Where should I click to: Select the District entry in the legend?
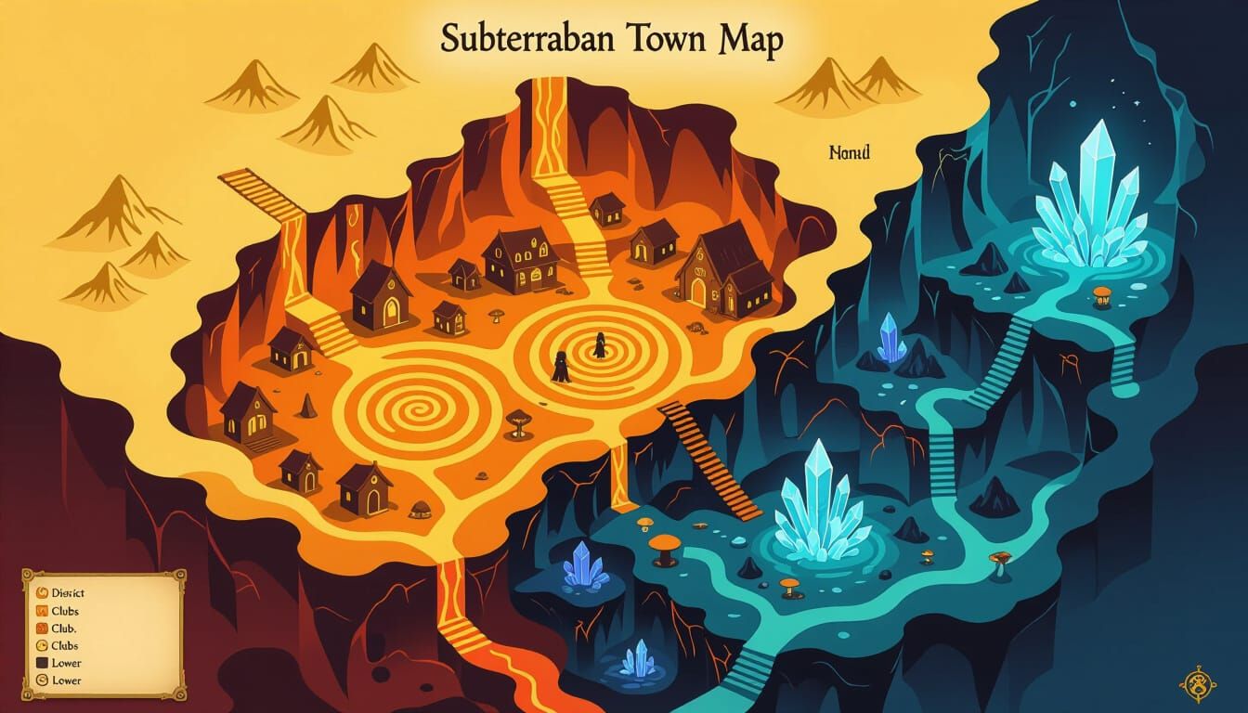(67, 593)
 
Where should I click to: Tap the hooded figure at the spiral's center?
(600, 345)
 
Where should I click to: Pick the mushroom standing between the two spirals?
(518, 421)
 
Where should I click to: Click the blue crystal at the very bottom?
(638, 659)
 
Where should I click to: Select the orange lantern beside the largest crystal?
(1102, 296)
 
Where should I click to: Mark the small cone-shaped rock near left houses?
(307, 406)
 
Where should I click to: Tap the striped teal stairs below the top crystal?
(1003, 361)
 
